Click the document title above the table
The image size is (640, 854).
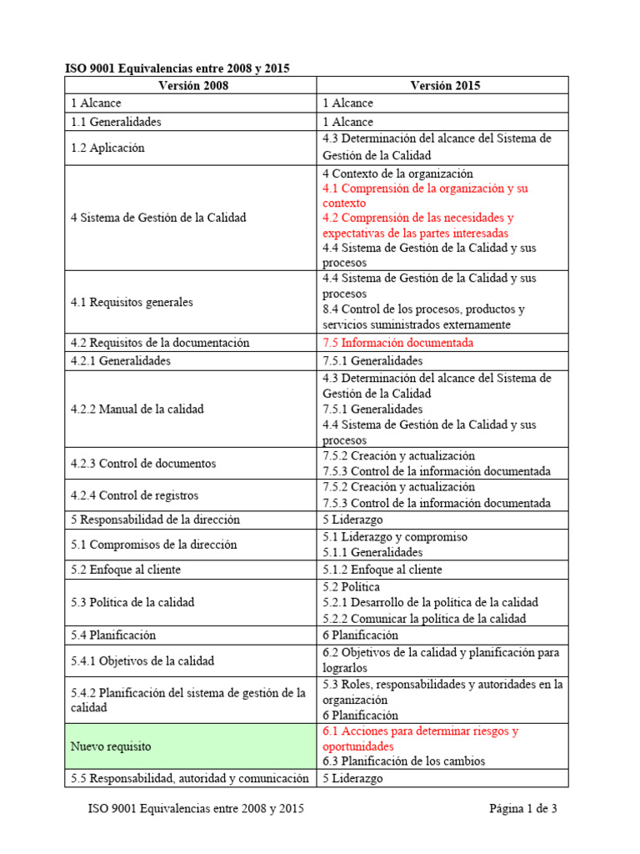click(x=177, y=68)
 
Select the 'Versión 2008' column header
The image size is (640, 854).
click(x=192, y=85)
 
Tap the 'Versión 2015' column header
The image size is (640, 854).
click(x=445, y=85)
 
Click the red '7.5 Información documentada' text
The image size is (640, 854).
click(x=397, y=343)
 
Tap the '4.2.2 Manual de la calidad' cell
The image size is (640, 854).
click(x=137, y=409)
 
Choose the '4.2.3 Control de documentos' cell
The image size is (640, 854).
click(x=143, y=464)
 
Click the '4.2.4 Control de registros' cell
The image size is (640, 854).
click(x=135, y=495)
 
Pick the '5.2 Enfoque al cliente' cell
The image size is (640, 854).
click(x=126, y=570)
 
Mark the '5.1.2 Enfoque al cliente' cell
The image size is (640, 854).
click(x=382, y=570)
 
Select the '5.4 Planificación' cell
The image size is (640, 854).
click(x=113, y=635)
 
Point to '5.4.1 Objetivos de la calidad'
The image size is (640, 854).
click(x=142, y=661)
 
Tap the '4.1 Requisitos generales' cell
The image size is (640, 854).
click(x=132, y=303)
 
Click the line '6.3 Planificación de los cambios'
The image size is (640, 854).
click(x=403, y=761)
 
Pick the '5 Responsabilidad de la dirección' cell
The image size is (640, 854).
click(x=156, y=520)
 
